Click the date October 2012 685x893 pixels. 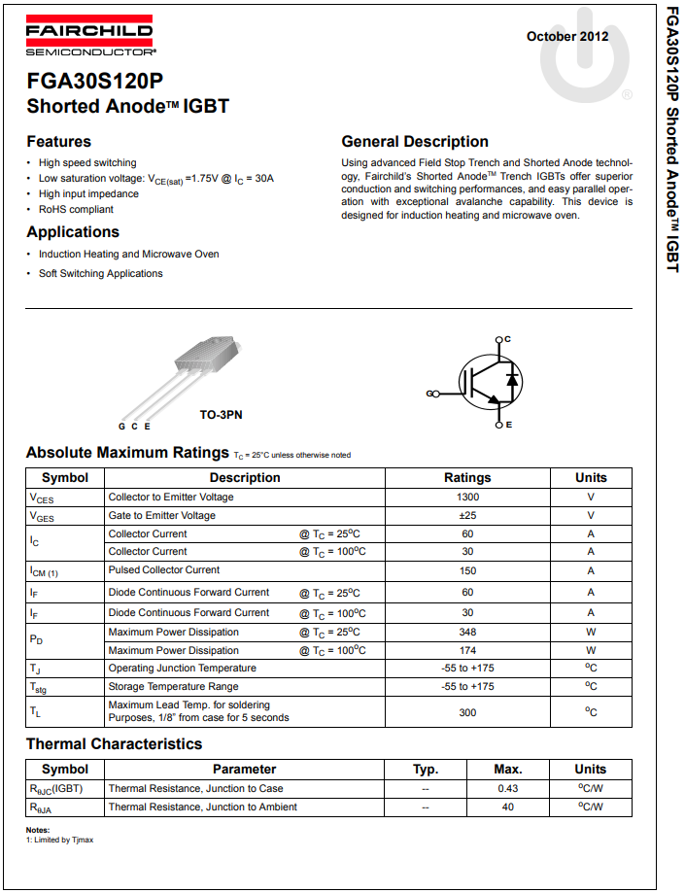pos(567,37)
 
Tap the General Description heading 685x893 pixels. pos(415,142)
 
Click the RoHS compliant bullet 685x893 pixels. pos(76,209)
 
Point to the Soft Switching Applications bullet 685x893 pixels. pos(100,273)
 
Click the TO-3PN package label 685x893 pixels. pos(221,415)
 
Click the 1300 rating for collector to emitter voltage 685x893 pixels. pos(467,498)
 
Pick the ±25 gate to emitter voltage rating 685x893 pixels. pos(467,516)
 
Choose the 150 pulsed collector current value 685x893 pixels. pos(467,570)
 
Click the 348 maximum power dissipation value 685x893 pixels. pos(467,632)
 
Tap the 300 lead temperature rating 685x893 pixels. pos(467,711)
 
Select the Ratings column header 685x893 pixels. pos(467,478)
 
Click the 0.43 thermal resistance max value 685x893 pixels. pos(507,788)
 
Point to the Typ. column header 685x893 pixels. pos(426,769)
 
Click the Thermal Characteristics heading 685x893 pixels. pos(114,744)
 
